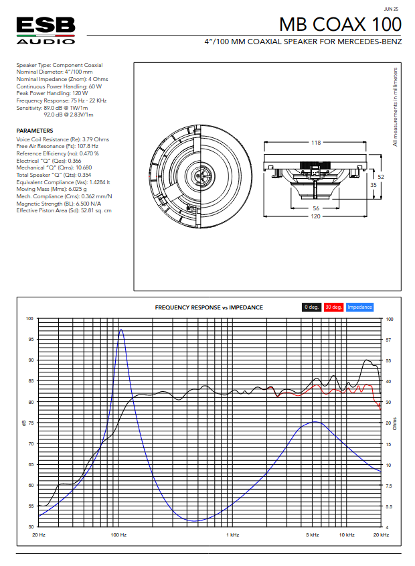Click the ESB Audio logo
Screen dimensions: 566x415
click(x=46, y=31)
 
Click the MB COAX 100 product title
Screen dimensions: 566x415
click(x=340, y=25)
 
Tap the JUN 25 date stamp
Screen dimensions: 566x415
click(x=392, y=9)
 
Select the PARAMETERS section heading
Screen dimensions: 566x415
click(x=35, y=131)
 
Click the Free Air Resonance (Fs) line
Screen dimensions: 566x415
click(x=57, y=146)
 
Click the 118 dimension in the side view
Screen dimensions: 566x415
click(x=315, y=143)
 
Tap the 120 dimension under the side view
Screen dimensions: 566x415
click(x=315, y=224)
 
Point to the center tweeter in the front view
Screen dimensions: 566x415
click(x=200, y=177)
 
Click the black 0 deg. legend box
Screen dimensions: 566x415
click(x=311, y=307)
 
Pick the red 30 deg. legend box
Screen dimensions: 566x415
click(x=333, y=307)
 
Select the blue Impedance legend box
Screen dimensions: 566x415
click(x=359, y=307)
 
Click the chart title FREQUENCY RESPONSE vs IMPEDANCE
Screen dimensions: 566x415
click(x=209, y=307)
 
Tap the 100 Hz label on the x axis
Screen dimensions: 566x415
click(x=118, y=535)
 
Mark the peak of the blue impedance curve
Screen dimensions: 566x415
click(x=120, y=330)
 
